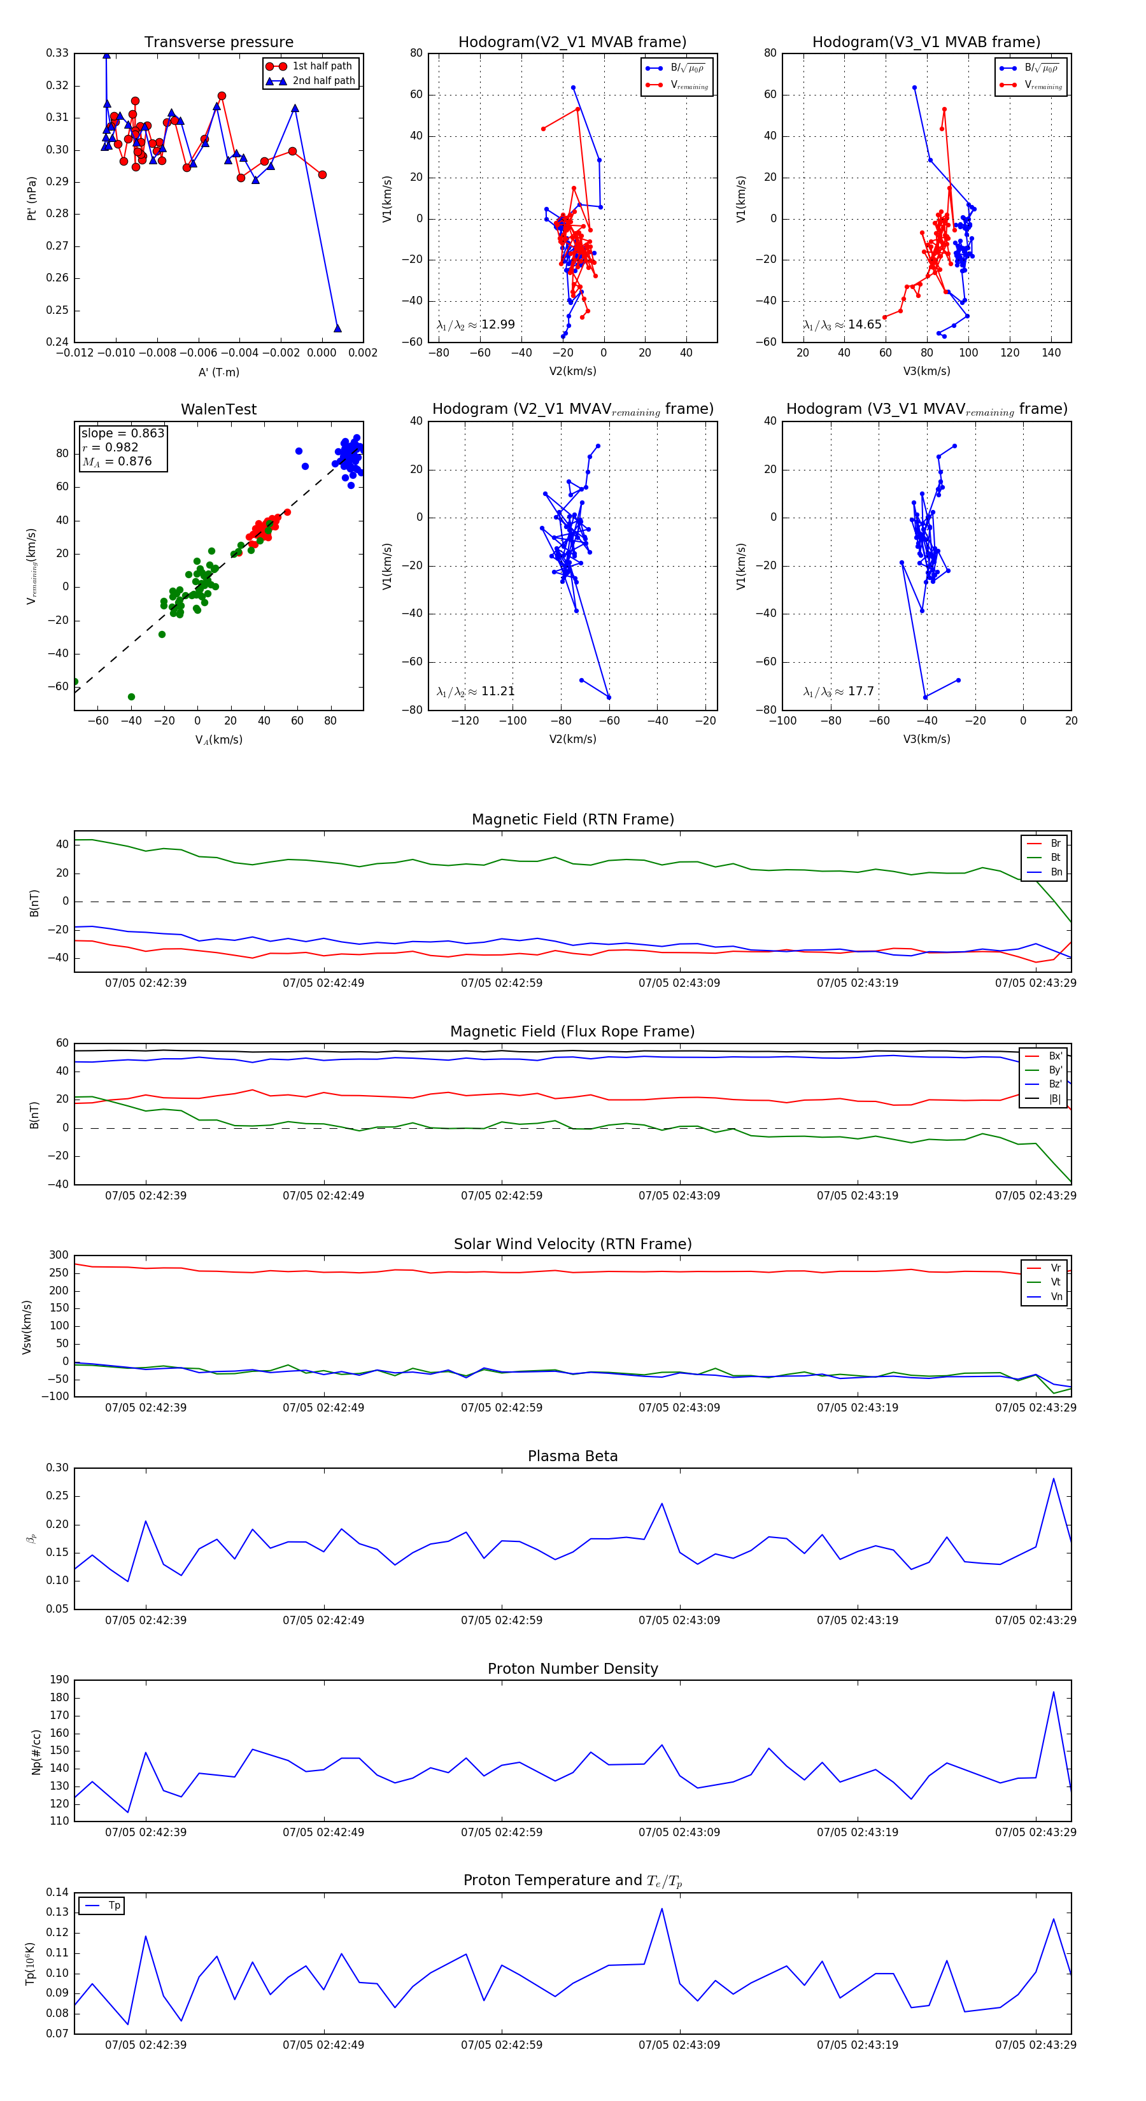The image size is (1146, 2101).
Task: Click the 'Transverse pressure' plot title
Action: click(x=218, y=43)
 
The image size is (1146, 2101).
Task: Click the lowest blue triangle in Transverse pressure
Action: click(x=337, y=329)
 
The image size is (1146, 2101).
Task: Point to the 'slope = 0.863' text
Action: click(x=122, y=433)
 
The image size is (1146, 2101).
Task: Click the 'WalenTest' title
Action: click(x=218, y=409)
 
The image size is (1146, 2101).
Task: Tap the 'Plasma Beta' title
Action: click(x=572, y=1457)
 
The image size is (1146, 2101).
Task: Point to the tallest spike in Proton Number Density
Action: click(x=1053, y=1692)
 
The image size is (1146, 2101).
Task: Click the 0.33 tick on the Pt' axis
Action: click(x=57, y=53)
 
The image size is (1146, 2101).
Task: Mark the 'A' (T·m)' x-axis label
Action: click(x=218, y=372)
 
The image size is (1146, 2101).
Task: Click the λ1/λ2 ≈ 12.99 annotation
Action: click(x=476, y=325)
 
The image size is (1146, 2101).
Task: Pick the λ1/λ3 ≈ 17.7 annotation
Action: click(x=838, y=691)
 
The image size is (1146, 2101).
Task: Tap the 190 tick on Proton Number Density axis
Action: click(x=60, y=1680)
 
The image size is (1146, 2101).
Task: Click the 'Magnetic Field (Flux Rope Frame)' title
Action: click(x=572, y=1032)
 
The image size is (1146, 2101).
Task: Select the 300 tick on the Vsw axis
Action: click(x=59, y=1256)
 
